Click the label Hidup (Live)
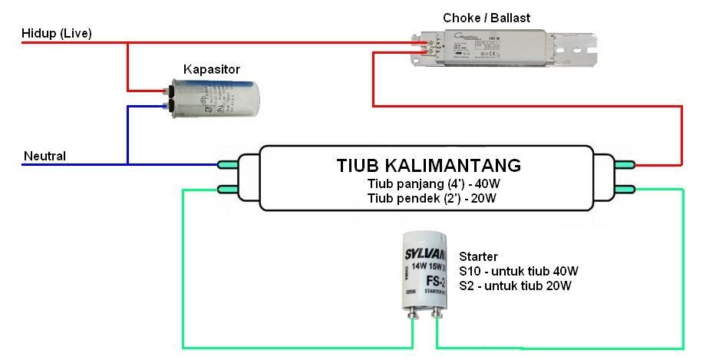pyautogui.click(x=58, y=33)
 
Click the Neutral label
pyautogui.click(x=45, y=156)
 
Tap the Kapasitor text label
pyautogui.click(x=211, y=70)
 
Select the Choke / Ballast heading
pyautogui.click(x=486, y=18)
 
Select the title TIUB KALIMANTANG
pyautogui.click(x=428, y=165)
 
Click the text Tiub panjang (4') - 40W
pyautogui.click(x=428, y=184)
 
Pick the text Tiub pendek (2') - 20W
pyautogui.click(x=428, y=198)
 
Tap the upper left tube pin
pyautogui.click(x=229, y=163)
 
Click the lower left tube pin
pyautogui.click(x=229, y=190)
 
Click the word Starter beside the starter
pyautogui.click(x=478, y=256)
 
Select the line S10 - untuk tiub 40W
pyautogui.click(x=518, y=271)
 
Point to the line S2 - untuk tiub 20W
pyautogui.click(x=515, y=286)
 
